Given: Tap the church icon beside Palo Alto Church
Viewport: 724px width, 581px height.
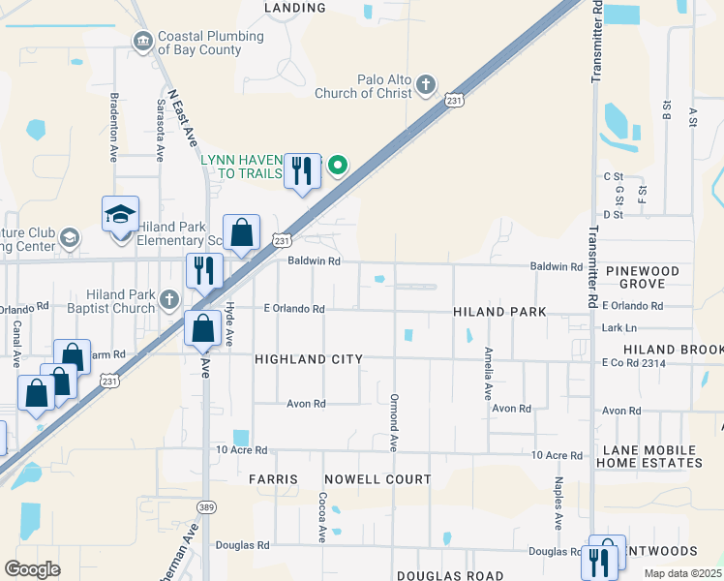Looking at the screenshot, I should pos(425,86).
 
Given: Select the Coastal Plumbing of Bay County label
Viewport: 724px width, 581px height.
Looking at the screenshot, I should pos(210,43).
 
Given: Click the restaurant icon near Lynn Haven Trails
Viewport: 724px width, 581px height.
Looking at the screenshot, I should pos(303,171).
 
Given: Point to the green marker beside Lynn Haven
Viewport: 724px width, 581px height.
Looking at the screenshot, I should pos(337,166).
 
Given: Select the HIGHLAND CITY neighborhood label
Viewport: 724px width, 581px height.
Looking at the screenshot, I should pos(308,359).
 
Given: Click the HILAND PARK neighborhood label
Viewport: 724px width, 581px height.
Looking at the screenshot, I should pos(499,312).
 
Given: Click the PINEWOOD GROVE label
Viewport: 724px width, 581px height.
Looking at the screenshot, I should pos(644,278).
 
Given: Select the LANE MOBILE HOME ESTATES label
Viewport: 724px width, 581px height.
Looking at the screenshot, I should pos(651,457).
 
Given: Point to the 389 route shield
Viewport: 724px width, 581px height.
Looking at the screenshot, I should pos(205,505).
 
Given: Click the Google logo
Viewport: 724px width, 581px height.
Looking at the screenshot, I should pos(32,569).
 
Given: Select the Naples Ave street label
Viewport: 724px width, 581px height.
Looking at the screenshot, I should pos(558,504).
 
